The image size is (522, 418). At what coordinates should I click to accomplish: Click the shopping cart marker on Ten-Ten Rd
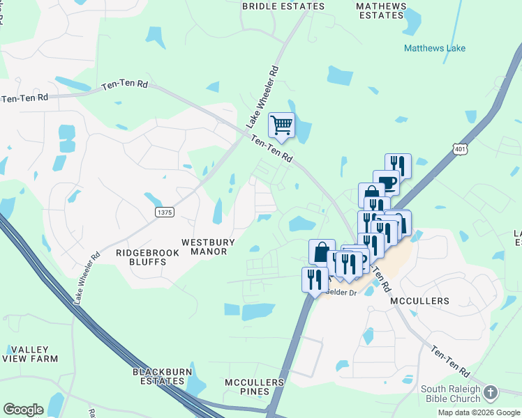pos(281,126)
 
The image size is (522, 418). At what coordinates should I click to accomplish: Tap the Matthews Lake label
pos(434,49)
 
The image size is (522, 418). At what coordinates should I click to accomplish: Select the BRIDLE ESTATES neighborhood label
pos(283,6)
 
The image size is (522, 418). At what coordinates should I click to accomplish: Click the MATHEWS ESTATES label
pos(381,10)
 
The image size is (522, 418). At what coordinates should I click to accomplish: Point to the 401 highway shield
pos(458,148)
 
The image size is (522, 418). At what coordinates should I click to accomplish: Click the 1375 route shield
pos(164,212)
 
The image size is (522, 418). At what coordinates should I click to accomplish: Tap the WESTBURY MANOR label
pos(204,247)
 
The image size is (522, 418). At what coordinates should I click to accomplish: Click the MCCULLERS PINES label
pos(255,387)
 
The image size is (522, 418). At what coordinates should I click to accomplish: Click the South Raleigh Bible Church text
pos(450,394)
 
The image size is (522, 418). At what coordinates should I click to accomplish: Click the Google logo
pos(23,410)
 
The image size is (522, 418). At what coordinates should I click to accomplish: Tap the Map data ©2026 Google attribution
pos(479,412)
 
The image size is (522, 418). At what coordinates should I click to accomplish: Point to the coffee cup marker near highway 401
pos(386,183)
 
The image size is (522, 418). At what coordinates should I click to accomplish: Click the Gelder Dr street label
pos(342,293)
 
